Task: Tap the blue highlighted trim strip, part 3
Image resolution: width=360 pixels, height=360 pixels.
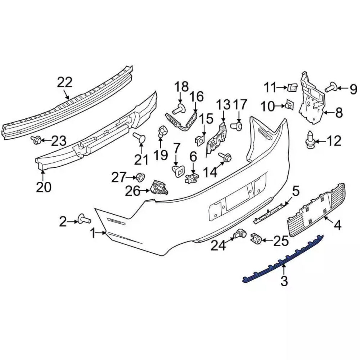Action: pyautogui.click(x=284, y=259)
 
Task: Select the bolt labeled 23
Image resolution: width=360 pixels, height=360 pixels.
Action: pyautogui.click(x=36, y=140)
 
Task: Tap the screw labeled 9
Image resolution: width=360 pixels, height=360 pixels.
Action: pyautogui.click(x=331, y=87)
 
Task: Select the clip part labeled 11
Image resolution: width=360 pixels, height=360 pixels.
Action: pyautogui.click(x=292, y=87)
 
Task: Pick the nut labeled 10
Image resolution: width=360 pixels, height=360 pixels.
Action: pyautogui.click(x=288, y=105)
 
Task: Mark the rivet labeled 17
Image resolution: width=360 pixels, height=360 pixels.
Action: pyautogui.click(x=238, y=126)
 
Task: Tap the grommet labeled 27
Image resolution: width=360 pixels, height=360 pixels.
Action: pyautogui.click(x=139, y=177)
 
